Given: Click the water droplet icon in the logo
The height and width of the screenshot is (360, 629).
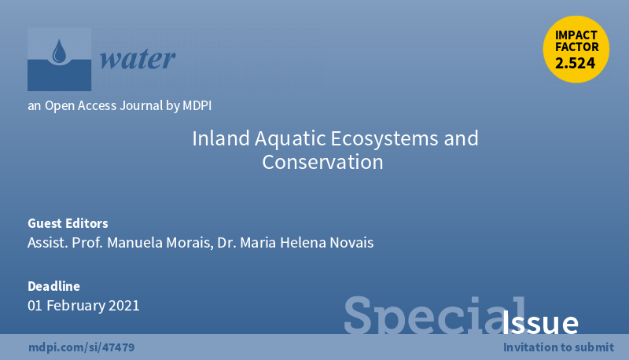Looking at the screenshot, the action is pos(60,51).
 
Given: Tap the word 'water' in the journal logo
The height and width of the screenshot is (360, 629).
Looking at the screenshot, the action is pos(138,59).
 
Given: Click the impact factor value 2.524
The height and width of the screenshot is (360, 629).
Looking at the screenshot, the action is pos(576,63).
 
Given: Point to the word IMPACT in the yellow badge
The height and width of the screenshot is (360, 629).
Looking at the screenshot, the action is pos(576,35).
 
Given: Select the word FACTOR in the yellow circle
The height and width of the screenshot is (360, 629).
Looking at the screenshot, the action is pos(577,47).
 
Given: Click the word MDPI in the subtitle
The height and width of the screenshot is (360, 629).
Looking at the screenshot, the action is pos(197,105).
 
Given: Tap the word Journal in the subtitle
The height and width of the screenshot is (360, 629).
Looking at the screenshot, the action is pos(142,105).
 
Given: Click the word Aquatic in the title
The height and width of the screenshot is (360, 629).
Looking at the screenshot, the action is pos(290,139).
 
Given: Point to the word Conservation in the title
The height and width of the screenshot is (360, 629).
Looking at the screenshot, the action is pos(322,162).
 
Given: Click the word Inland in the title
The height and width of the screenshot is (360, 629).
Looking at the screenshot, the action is pos(221,138).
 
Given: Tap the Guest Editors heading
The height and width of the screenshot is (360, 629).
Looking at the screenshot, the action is pos(68,223).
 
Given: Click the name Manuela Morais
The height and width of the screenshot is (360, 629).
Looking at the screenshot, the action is pos(160,243).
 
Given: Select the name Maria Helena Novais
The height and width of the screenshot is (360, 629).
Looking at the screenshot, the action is pos(307,243).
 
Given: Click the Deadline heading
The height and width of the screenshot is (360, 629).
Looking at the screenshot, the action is pos(53,286).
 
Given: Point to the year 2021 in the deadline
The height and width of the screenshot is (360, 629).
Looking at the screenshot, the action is pos(124,306).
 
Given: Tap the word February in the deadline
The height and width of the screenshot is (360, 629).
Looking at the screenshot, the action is pos(75,306).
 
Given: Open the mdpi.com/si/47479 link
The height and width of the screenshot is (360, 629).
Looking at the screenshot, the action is pos(82,347).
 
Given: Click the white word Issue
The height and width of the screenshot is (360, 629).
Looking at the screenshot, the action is pos(540,322).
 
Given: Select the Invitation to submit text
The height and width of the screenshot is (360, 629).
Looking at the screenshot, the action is pos(558,347).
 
